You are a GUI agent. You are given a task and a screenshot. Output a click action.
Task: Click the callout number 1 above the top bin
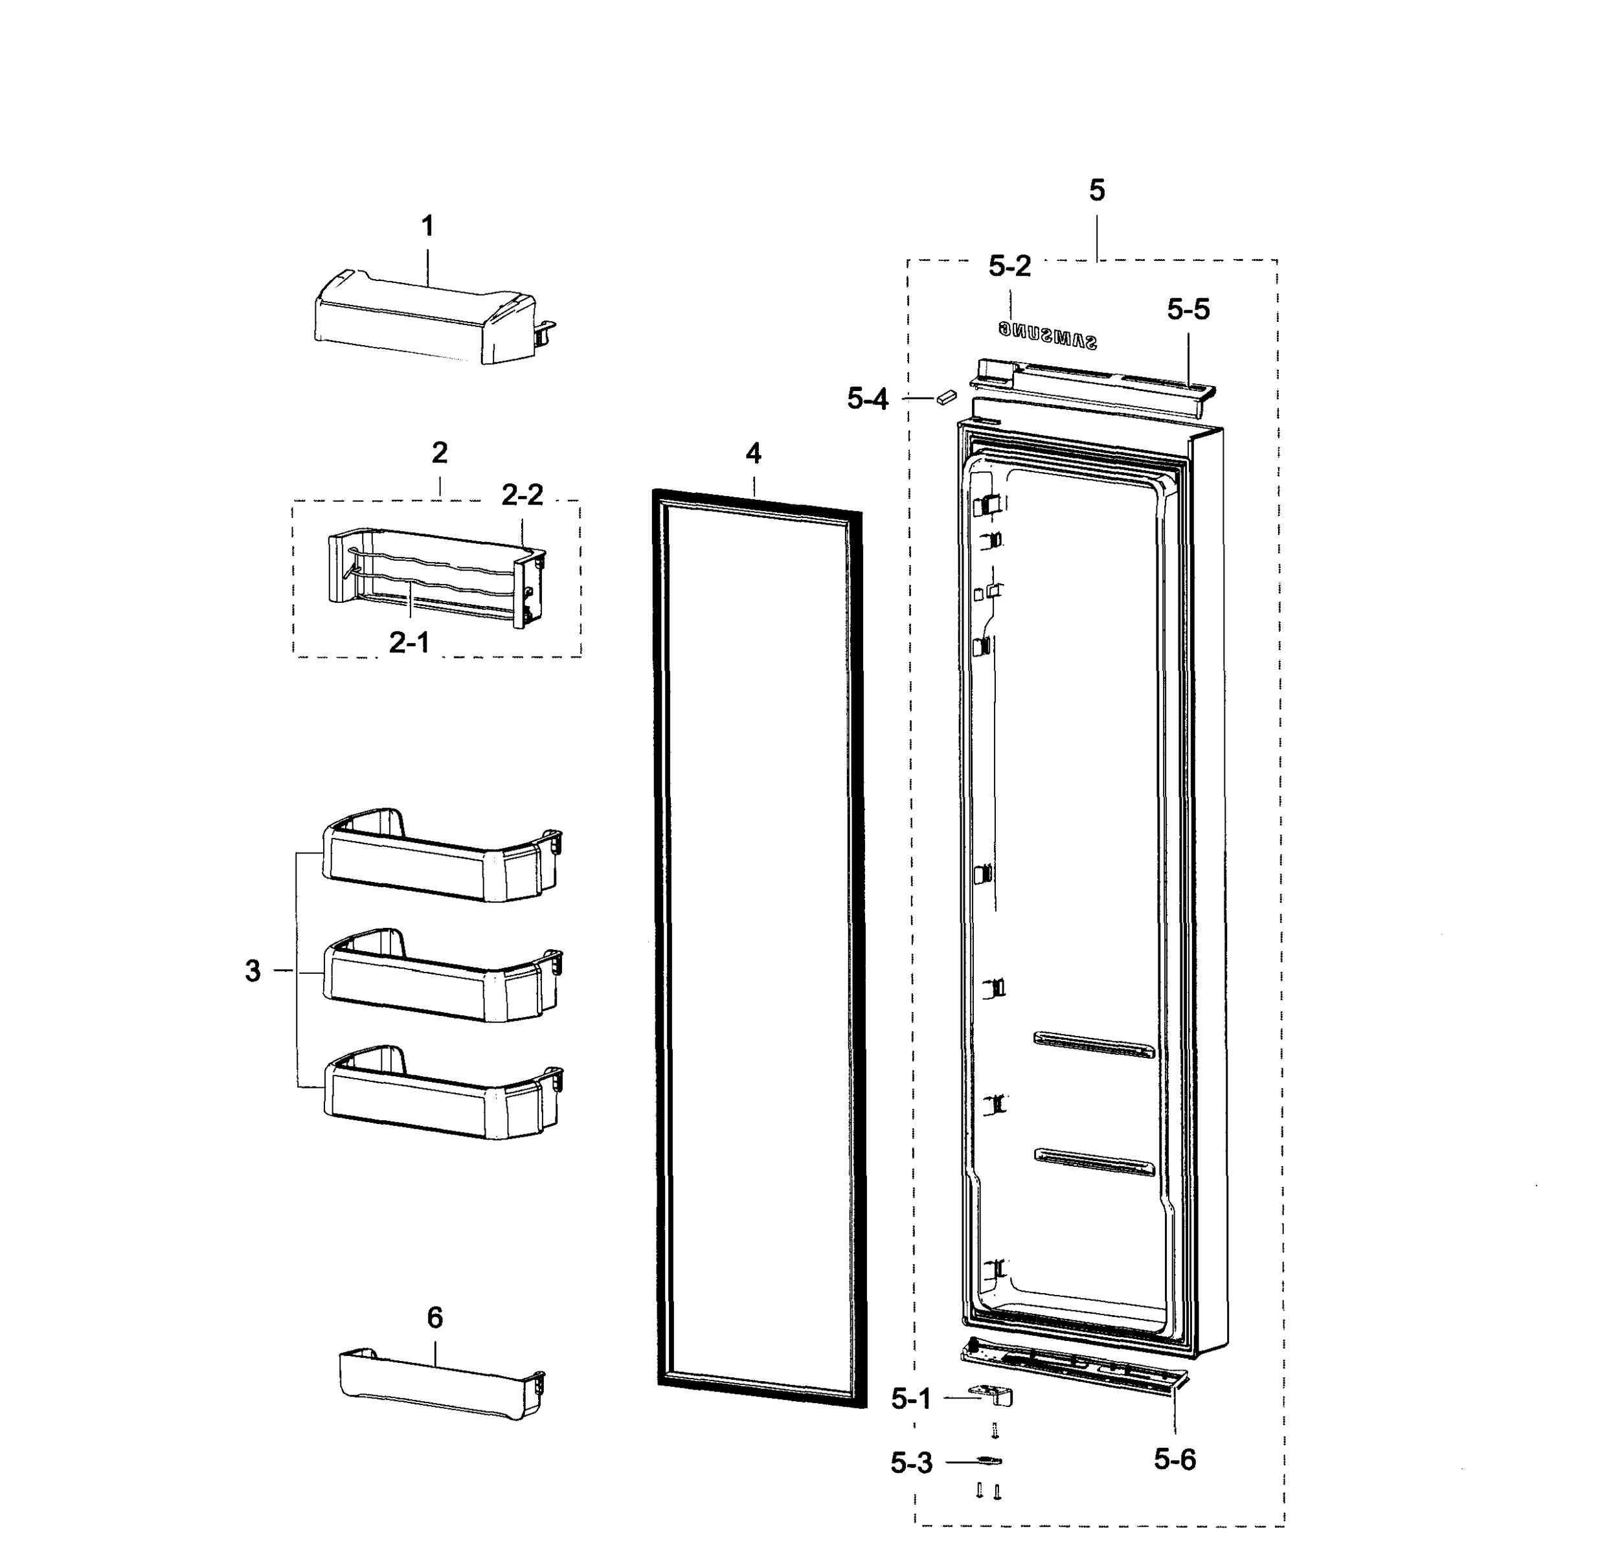tap(427, 226)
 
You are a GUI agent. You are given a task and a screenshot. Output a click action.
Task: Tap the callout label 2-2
tap(522, 495)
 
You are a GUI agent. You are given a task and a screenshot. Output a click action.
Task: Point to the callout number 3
tap(253, 971)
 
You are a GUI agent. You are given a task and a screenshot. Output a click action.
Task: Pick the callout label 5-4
tap(867, 399)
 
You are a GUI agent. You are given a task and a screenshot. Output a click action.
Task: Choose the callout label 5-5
tap(1188, 310)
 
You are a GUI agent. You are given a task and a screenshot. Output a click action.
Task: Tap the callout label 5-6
tap(1175, 1459)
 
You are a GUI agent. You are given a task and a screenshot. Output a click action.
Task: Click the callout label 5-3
tap(911, 1463)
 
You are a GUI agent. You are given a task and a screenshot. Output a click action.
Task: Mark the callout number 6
tap(435, 1317)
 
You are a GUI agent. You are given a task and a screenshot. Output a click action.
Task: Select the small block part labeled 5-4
tap(946, 397)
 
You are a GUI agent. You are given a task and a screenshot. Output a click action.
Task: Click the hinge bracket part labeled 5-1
tap(991, 1395)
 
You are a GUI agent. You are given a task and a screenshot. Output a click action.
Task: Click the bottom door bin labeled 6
tap(441, 1385)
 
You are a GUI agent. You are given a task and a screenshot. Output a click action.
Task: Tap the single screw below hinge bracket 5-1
tap(995, 1430)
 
